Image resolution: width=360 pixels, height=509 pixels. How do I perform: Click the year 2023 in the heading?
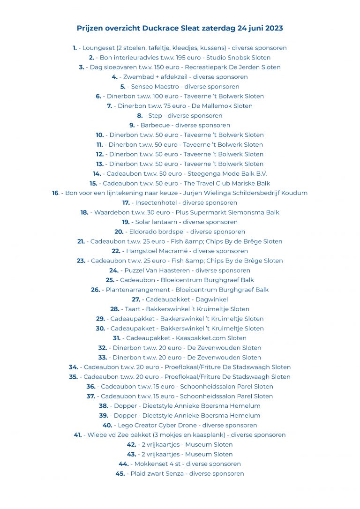(274, 28)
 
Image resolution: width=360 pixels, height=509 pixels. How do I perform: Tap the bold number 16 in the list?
(55, 193)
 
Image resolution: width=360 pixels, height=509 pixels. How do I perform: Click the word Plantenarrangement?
(138, 290)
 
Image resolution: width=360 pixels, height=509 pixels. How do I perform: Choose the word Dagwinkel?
(211, 299)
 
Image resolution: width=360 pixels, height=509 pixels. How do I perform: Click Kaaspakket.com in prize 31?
(199, 338)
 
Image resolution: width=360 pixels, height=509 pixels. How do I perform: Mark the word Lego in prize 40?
(125, 425)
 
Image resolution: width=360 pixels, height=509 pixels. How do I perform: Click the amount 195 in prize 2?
(175, 58)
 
